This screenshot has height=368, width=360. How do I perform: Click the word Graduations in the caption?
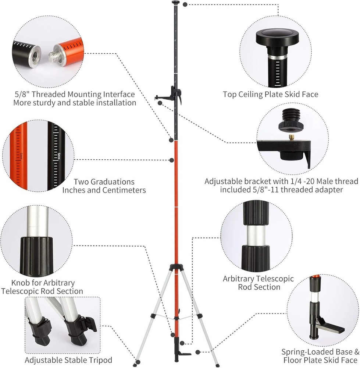click(104, 182)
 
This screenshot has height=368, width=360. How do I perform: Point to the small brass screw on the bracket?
click(292, 137)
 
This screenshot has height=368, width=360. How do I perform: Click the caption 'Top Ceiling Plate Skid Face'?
click(270, 95)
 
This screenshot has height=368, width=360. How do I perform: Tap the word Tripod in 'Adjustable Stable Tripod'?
click(100, 360)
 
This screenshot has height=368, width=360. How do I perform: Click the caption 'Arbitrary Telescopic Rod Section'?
click(258, 283)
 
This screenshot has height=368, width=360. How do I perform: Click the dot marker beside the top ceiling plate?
click(185, 4)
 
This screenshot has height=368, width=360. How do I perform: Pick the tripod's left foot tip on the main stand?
click(136, 364)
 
